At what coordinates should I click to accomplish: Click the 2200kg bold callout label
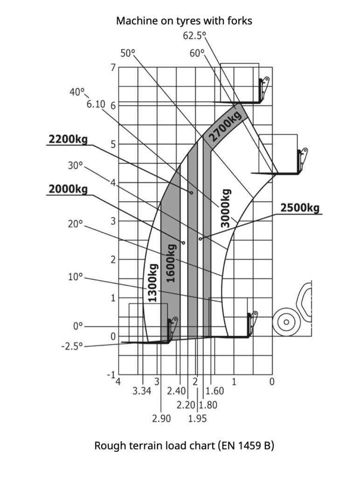tap(68, 139)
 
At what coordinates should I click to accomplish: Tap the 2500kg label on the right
tap(300, 208)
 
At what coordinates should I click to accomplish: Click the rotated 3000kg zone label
tap(226, 208)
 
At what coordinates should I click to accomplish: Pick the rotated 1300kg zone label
tap(152, 283)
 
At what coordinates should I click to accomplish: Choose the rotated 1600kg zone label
tap(171, 264)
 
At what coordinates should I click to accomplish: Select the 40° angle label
tap(77, 92)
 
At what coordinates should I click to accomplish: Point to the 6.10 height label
tap(96, 104)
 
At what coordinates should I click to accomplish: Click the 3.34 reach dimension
tap(142, 391)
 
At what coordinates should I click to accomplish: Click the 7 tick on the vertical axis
tap(112, 67)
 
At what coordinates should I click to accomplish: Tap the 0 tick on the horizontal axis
tap(272, 381)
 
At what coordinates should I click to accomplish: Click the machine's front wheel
tap(285, 322)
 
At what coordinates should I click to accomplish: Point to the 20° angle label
tap(75, 224)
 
